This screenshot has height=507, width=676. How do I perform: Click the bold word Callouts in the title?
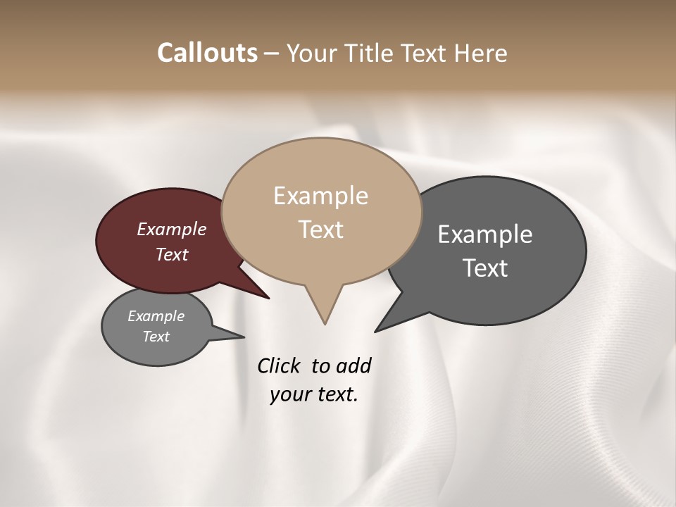click(x=207, y=53)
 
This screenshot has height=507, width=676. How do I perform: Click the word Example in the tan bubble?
click(x=320, y=196)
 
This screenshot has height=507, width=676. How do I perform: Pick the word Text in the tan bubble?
click(x=320, y=230)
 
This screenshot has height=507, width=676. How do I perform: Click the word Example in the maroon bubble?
click(x=171, y=229)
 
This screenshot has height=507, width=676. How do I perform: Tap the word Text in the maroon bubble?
click(x=171, y=254)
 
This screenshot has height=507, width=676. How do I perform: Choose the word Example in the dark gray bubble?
click(x=484, y=234)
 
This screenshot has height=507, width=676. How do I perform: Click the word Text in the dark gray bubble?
click(x=484, y=268)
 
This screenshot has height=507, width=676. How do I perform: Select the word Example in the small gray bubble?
click(x=156, y=316)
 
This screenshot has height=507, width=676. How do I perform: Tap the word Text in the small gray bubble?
click(x=156, y=337)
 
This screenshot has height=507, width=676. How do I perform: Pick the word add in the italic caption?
click(x=353, y=365)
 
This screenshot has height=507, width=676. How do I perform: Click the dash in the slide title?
click(x=273, y=54)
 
